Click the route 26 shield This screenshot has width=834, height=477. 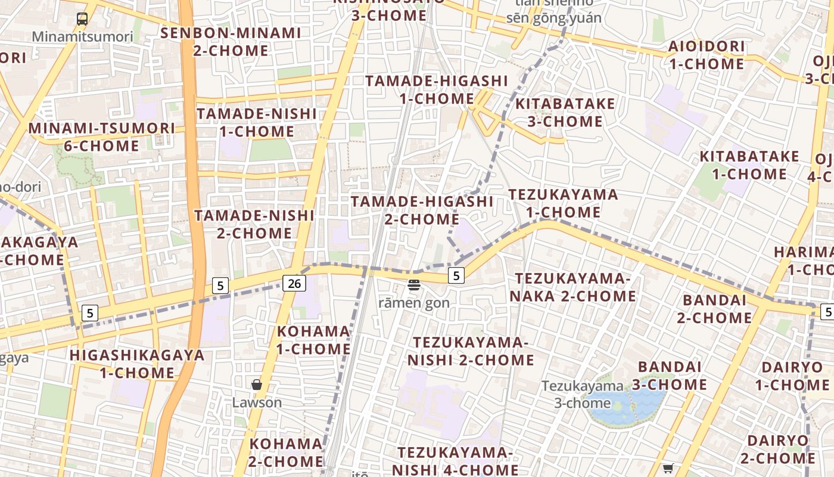294,283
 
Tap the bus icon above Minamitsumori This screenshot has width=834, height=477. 82,19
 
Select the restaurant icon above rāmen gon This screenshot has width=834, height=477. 414,285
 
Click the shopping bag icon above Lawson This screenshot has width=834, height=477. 257,385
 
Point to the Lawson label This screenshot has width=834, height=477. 257,402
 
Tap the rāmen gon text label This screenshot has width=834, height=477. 414,303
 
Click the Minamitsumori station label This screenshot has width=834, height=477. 82,36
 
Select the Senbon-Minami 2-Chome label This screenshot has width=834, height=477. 231,42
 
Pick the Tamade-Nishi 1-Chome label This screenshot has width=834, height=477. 257,122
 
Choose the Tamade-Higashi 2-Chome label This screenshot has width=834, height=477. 422,210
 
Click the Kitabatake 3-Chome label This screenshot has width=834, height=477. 565,112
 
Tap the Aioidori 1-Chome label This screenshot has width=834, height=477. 707,55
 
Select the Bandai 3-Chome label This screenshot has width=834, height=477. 670,375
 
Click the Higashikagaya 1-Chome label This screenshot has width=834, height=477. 137,364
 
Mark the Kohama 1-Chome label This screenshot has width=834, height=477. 313,340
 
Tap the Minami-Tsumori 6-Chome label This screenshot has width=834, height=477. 102,137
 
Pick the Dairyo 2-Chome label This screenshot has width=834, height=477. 777,449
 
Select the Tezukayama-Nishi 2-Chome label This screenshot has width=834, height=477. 471,351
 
